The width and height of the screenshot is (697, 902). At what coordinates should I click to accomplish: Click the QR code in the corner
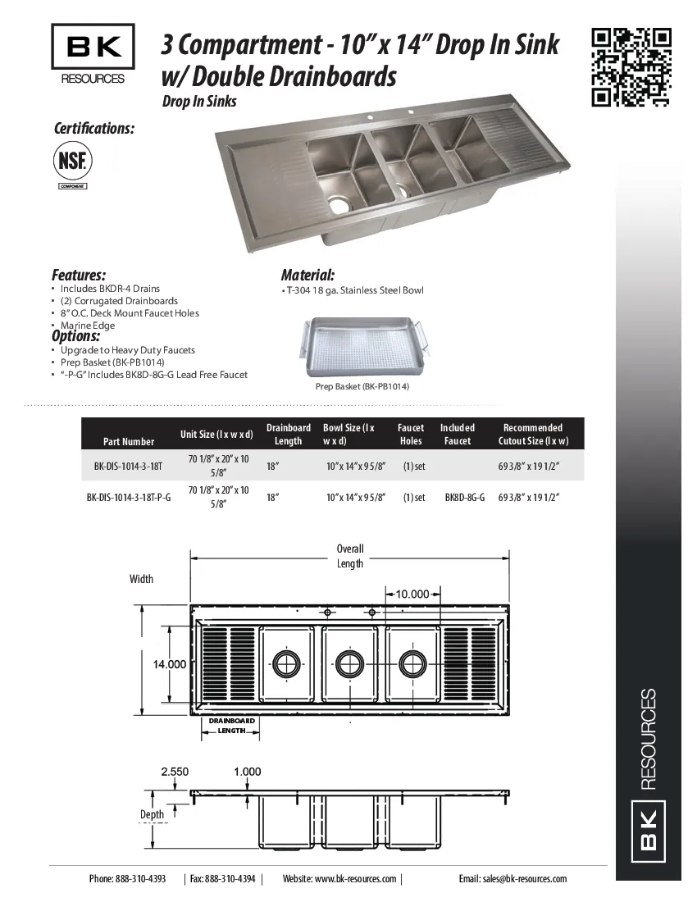tap(631, 67)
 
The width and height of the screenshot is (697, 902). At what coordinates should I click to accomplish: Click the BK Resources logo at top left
tap(93, 54)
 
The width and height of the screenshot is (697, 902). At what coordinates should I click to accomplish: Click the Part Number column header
tap(129, 441)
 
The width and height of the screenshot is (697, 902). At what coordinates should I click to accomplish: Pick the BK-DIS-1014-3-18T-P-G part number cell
tap(129, 498)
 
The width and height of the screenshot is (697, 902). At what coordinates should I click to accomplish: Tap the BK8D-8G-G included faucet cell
tap(465, 498)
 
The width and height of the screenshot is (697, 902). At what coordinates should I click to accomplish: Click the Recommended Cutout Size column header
tap(533, 435)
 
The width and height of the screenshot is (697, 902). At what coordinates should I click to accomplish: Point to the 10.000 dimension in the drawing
tap(412, 594)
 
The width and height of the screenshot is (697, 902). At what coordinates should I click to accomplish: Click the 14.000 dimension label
tap(170, 664)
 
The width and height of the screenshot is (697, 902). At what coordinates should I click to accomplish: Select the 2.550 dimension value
tap(175, 772)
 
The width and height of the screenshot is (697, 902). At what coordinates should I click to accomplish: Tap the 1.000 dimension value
tap(247, 772)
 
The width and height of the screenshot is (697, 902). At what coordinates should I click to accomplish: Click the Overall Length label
tap(350, 556)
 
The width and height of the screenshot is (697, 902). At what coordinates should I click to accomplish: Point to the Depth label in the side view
tap(152, 814)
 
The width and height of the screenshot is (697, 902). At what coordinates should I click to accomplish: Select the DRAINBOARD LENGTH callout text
tap(232, 725)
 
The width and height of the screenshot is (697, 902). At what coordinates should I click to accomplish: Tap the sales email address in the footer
tap(512, 879)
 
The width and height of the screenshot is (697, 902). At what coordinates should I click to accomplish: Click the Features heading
tap(79, 276)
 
